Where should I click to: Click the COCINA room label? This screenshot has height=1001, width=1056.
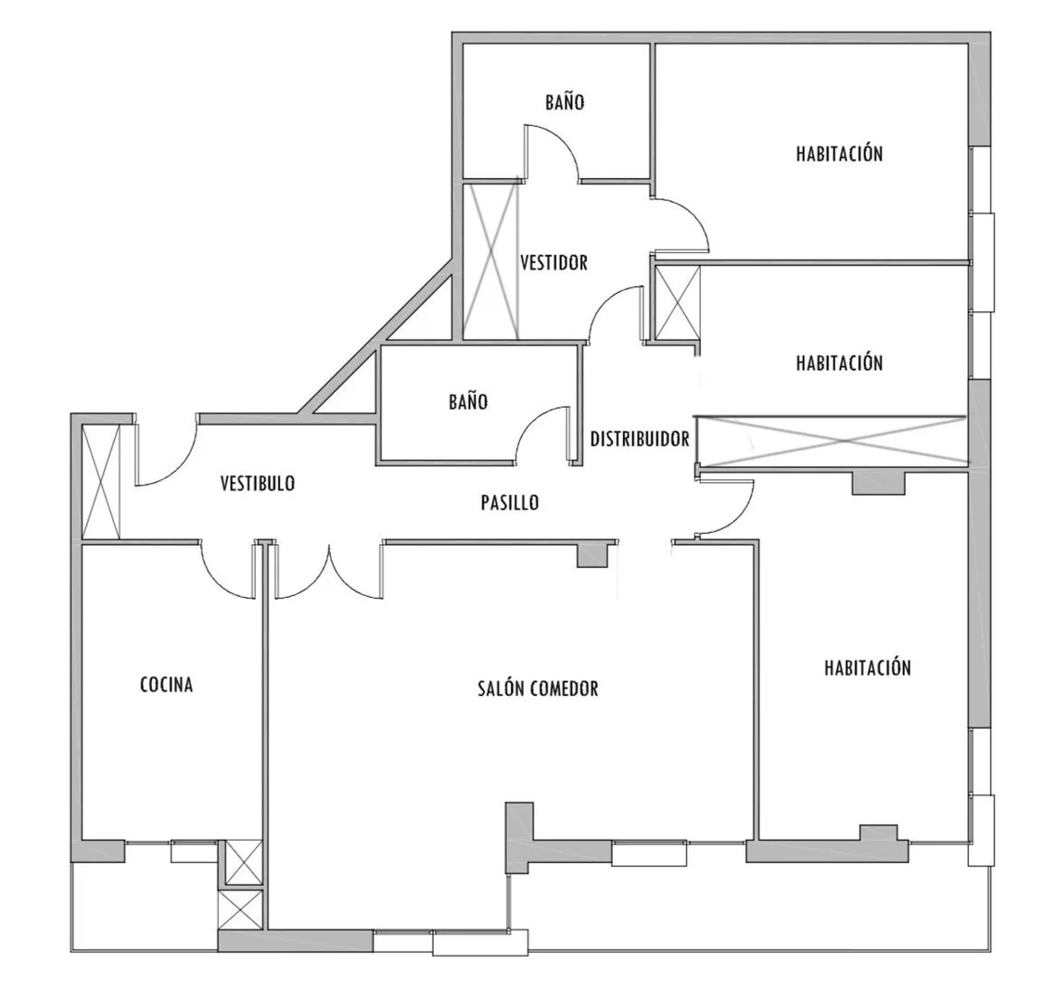tap(166, 685)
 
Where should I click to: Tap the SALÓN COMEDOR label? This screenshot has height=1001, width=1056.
tap(538, 688)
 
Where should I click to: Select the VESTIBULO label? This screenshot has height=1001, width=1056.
tap(258, 483)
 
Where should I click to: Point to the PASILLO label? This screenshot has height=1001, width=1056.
tap(510, 502)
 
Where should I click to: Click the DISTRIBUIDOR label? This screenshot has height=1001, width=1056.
tap(640, 439)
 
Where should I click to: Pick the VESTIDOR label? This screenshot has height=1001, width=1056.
tap(554, 262)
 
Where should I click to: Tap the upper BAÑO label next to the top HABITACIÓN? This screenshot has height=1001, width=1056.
tap(565, 102)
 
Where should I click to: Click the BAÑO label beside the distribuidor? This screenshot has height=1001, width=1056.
tap(468, 402)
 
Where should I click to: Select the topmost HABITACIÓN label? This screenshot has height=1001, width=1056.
tap(839, 154)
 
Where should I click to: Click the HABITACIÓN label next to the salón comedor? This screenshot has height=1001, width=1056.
tap(868, 667)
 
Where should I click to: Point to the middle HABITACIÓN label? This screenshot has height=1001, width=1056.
tap(839, 362)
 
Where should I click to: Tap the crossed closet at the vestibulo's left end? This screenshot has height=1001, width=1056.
tap(101, 481)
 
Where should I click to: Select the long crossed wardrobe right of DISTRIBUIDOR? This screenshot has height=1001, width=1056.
tap(832, 441)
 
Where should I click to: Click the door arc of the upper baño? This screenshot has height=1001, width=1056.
tap(561, 144)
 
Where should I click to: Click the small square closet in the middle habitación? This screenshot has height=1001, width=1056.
tap(677, 302)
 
